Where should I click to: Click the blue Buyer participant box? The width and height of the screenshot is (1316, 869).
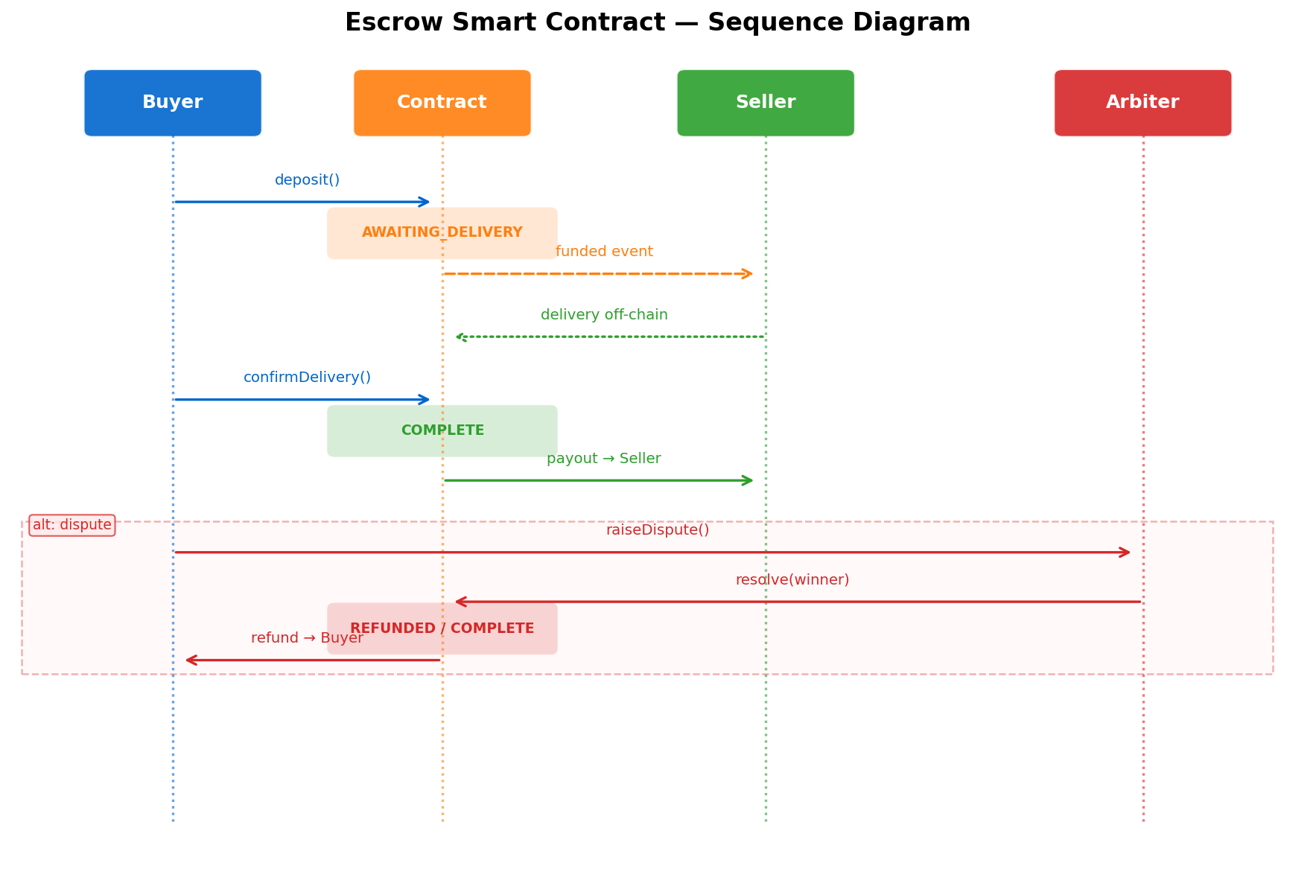(173, 103)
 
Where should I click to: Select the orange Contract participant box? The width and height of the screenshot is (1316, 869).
(442, 103)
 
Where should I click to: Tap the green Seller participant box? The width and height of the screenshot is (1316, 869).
(765, 103)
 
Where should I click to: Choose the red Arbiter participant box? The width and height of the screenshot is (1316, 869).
(1142, 103)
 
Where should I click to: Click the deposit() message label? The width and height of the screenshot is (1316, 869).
(307, 180)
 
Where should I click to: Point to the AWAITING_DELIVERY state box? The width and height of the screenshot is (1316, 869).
(442, 233)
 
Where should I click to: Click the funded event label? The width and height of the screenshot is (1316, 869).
(604, 252)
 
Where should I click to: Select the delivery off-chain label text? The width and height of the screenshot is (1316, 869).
(604, 315)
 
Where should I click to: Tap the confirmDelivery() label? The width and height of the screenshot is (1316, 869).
(307, 378)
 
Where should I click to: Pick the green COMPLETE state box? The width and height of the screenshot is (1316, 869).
(442, 431)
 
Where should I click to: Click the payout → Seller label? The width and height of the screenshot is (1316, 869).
(604, 459)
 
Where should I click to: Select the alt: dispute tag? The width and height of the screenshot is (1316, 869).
(72, 525)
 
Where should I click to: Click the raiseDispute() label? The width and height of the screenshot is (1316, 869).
(657, 530)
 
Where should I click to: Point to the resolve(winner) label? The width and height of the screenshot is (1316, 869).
(792, 580)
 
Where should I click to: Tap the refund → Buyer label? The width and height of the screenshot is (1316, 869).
(307, 638)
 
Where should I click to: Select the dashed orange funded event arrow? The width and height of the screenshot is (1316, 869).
(596, 274)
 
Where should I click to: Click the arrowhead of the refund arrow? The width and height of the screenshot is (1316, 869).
(191, 660)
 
